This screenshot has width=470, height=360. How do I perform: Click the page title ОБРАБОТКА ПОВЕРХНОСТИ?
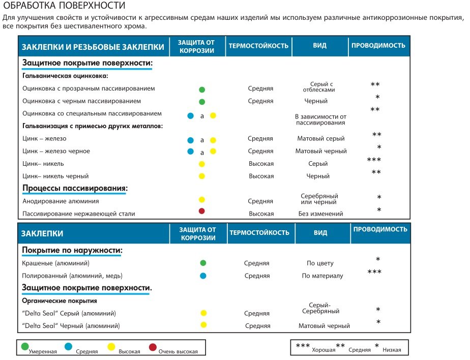64,6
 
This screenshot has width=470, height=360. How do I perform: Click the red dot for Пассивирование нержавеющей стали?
202,211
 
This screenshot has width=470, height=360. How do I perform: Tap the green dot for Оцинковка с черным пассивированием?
202,102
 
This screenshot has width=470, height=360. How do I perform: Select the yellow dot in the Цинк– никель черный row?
202,176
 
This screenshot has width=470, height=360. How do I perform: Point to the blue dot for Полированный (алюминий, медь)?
203,276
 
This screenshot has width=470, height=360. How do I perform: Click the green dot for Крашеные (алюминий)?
203,263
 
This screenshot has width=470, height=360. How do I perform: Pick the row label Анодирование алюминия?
61,201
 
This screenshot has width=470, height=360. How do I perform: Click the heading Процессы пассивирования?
75,188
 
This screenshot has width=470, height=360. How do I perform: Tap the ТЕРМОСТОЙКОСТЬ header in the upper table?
258,46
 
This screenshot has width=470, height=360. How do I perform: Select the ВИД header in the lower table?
320,232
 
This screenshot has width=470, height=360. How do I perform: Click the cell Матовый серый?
321,138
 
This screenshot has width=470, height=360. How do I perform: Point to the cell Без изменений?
321,214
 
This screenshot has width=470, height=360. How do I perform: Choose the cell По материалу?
322,276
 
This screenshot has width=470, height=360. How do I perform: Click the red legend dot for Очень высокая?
153,347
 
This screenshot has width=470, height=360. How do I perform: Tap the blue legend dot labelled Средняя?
68,346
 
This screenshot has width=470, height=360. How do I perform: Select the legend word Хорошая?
324,350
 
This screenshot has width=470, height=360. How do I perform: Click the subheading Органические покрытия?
60,301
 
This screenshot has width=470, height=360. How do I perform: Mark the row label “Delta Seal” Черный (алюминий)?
71,326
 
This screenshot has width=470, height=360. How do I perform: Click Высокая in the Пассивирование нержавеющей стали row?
261,214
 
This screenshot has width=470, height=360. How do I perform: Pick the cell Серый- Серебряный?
320,308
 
